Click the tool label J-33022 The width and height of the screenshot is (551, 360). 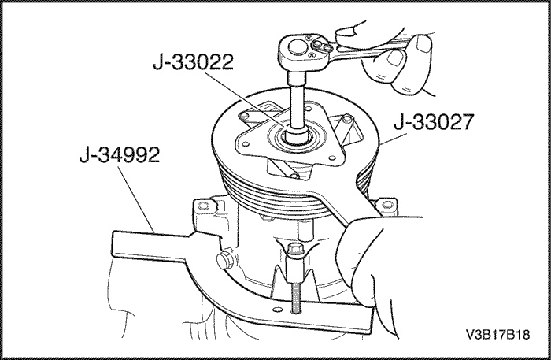point(194,62)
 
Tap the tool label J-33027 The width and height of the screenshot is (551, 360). point(434,122)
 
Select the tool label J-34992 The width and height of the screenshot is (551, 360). point(120,155)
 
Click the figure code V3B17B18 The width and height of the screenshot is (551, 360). point(497,334)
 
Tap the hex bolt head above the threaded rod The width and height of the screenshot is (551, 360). point(293,250)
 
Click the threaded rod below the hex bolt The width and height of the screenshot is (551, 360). point(296,297)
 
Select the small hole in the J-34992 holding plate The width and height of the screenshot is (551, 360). point(278,310)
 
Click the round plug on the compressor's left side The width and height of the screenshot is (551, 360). point(224,259)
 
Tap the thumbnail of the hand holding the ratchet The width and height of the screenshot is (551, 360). point(396,58)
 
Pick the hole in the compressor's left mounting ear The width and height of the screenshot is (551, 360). point(202,205)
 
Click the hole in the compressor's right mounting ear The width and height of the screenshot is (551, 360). point(386,203)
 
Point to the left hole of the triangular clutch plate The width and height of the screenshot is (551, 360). point(246,144)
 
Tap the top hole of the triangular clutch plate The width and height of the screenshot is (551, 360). point(309,107)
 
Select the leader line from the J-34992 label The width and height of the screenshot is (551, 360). point(136,199)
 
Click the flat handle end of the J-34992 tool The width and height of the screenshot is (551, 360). point(148,246)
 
